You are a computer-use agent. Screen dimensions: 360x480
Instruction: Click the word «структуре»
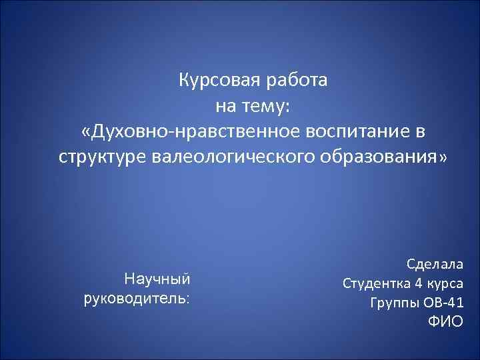coord(100,157)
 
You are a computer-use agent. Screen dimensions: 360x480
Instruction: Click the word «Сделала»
coord(434,264)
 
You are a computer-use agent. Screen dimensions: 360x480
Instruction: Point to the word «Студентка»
coord(376,283)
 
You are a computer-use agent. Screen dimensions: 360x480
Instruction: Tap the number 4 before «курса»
coord(418,283)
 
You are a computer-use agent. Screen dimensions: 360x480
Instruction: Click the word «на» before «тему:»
coord(224,107)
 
